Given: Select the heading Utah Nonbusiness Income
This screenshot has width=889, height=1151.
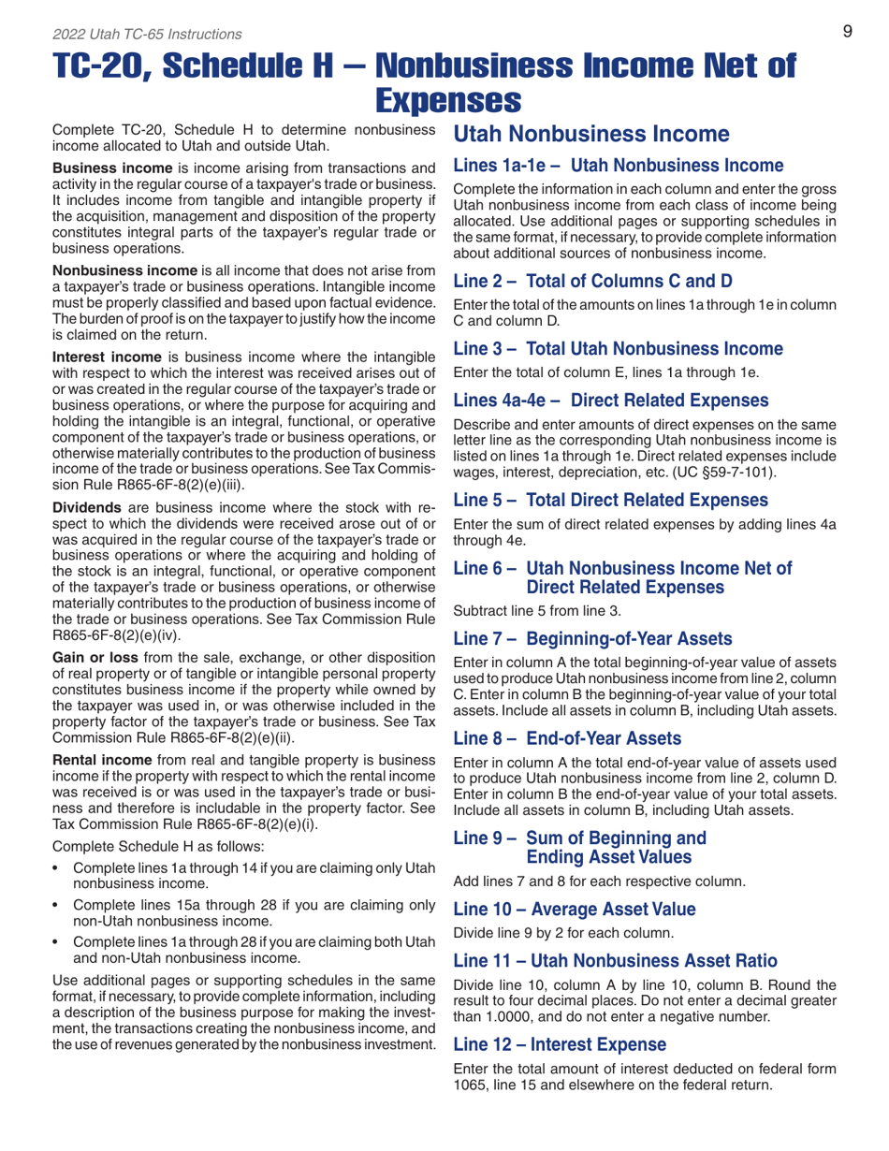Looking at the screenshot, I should tap(579, 134).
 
